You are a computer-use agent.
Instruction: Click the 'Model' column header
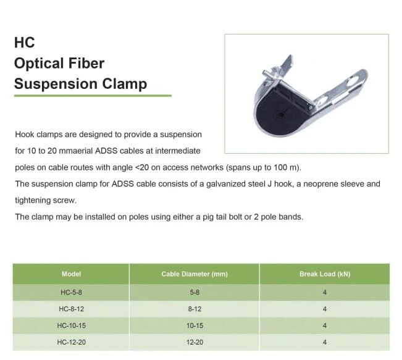pyautogui.click(x=71, y=274)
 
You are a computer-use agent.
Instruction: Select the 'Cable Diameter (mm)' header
pyautogui.click(x=195, y=274)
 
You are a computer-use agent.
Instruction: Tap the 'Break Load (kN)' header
pyautogui.click(x=325, y=274)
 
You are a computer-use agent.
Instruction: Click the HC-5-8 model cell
pyautogui.click(x=71, y=292)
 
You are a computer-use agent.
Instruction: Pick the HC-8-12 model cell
pyautogui.click(x=71, y=309)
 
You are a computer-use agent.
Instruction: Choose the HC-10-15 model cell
pyautogui.click(x=71, y=325)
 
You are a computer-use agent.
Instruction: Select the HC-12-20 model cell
pyautogui.click(x=71, y=342)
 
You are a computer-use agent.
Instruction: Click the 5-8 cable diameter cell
pyautogui.click(x=195, y=292)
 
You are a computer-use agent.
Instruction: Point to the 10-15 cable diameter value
pyautogui.click(x=195, y=325)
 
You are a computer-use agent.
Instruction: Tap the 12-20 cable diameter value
pyautogui.click(x=195, y=342)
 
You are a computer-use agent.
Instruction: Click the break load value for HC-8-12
pyautogui.click(x=325, y=309)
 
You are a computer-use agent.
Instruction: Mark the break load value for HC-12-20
pyautogui.click(x=325, y=342)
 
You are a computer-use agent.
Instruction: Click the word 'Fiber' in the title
pyautogui.click(x=86, y=63)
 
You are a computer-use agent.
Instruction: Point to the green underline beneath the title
pyautogui.click(x=93, y=96)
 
